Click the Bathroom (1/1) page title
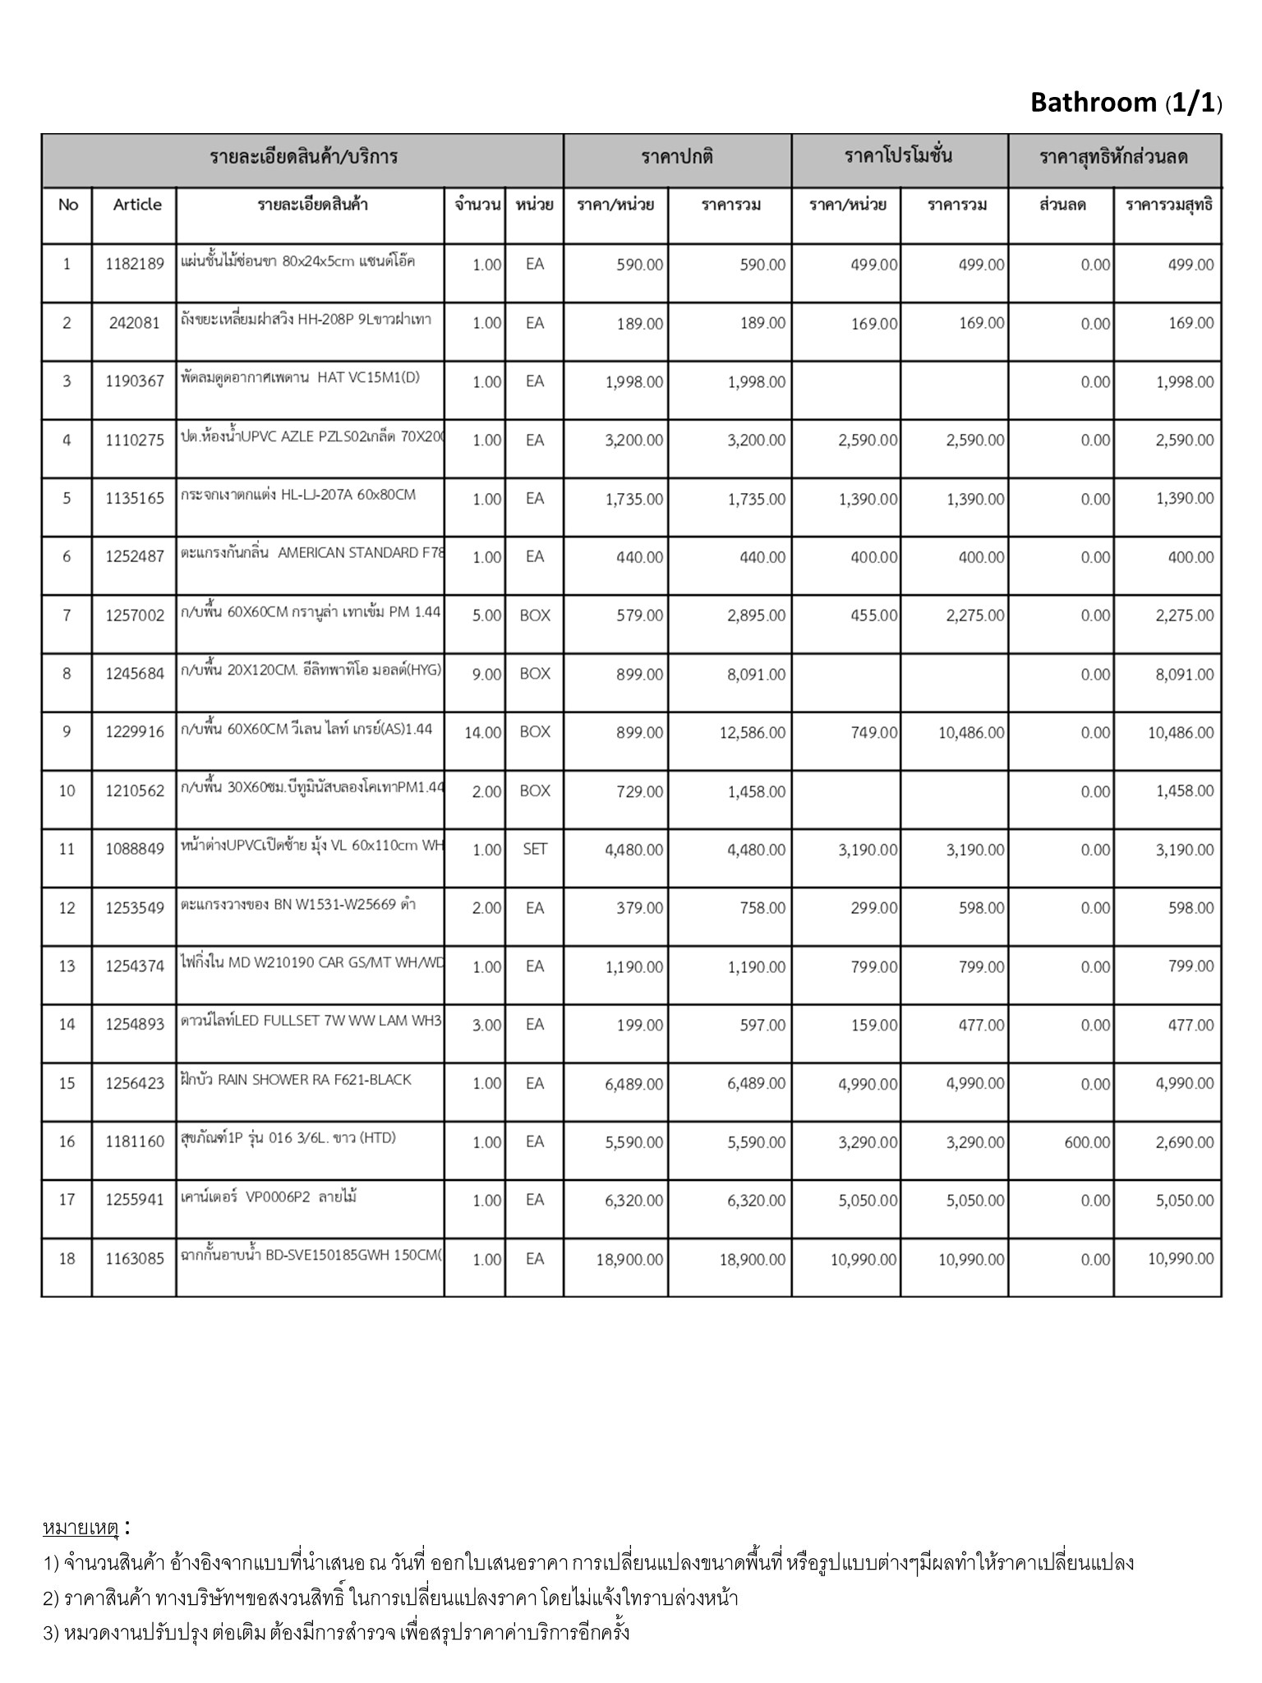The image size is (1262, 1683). click(1126, 103)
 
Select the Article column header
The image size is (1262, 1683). click(137, 205)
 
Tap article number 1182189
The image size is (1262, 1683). click(135, 265)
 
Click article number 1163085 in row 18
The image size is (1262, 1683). click(135, 1259)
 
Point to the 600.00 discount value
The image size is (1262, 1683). click(1086, 1142)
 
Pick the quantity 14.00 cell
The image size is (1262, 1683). click(482, 733)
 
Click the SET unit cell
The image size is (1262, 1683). click(535, 850)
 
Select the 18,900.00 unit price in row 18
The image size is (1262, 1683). click(629, 1259)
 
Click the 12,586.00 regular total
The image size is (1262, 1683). click(752, 733)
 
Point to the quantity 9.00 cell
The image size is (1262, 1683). click(486, 675)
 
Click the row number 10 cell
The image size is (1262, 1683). click(67, 791)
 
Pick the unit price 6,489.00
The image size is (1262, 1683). click(633, 1084)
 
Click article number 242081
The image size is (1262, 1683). click(135, 323)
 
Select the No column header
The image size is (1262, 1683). click(67, 205)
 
